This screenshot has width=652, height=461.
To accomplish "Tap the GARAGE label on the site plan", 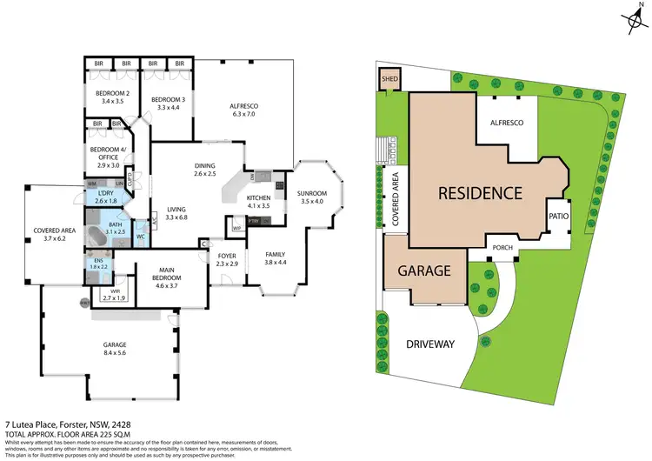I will pos(423,271).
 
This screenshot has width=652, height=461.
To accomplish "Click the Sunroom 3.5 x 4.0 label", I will pos(311,197).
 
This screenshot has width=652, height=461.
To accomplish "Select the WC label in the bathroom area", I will pos(141,236).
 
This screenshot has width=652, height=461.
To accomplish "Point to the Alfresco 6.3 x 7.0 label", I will pos(244,110).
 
